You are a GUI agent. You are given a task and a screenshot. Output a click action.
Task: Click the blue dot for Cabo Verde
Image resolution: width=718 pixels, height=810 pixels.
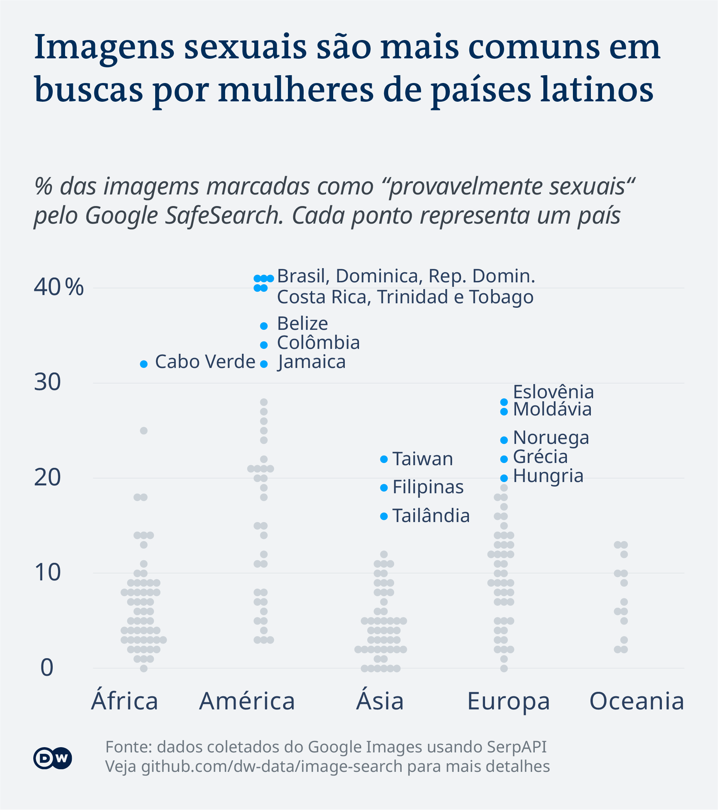pos(144,364)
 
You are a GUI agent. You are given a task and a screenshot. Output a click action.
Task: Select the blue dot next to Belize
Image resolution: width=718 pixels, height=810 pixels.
pos(264,326)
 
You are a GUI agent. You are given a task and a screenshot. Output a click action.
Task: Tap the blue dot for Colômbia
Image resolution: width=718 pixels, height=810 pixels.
pos(264,345)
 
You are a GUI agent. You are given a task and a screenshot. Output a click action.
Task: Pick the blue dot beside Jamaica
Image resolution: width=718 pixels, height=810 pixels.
pos(264,364)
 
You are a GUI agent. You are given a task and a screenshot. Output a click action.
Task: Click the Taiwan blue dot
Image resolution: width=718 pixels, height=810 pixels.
pos(384,459)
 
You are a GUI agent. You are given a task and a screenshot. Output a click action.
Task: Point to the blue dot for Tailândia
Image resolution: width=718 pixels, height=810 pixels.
pos(384,516)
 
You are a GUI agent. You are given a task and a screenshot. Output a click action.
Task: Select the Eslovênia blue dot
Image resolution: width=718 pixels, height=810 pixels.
pos(504,402)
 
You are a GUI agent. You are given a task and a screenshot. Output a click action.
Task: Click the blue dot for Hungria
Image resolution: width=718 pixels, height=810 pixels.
pos(504,478)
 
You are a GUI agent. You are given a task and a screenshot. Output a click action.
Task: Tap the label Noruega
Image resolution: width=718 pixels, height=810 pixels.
pos(551,438)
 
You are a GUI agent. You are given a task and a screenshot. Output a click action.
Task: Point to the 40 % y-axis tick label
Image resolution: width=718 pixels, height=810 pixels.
pos(59,287)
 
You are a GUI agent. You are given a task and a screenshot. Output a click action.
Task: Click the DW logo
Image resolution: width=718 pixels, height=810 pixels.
pos(52,758)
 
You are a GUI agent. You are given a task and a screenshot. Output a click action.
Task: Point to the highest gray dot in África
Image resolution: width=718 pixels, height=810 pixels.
pos(144,431)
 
